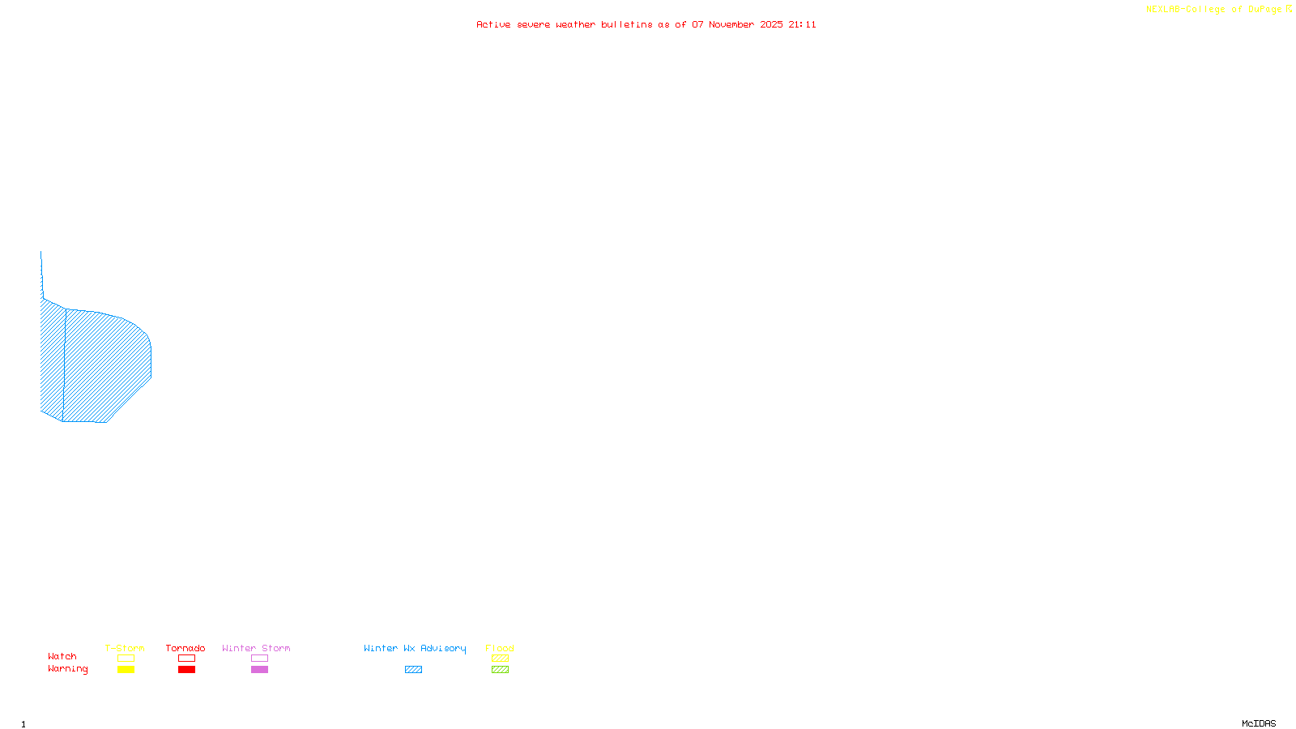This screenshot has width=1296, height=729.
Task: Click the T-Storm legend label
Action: coord(125,648)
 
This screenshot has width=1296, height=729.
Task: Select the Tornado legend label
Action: coord(185,648)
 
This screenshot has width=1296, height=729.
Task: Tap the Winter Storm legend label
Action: coord(256,648)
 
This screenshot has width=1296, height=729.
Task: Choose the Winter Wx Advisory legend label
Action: coord(415,648)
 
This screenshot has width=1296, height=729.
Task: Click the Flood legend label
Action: coord(500,648)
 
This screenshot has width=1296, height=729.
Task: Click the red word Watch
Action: coord(62,656)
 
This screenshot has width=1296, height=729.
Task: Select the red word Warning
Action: coord(68,669)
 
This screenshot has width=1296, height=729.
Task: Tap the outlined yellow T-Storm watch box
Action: coord(126,659)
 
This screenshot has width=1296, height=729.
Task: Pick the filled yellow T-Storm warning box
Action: coord(126,670)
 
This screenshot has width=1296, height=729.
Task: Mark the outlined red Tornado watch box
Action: coord(186,659)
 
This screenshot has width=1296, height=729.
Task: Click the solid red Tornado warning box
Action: coord(186,670)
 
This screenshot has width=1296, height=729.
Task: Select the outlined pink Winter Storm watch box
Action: coord(259,659)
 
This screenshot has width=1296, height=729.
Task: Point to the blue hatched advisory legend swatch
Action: coord(413,670)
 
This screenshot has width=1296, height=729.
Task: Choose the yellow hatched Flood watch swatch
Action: coord(500,659)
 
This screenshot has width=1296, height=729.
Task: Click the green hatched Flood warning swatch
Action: coord(500,670)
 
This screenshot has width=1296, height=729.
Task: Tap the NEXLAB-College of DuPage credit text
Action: coord(1214,10)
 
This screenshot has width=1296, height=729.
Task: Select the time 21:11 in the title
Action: coord(803,24)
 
